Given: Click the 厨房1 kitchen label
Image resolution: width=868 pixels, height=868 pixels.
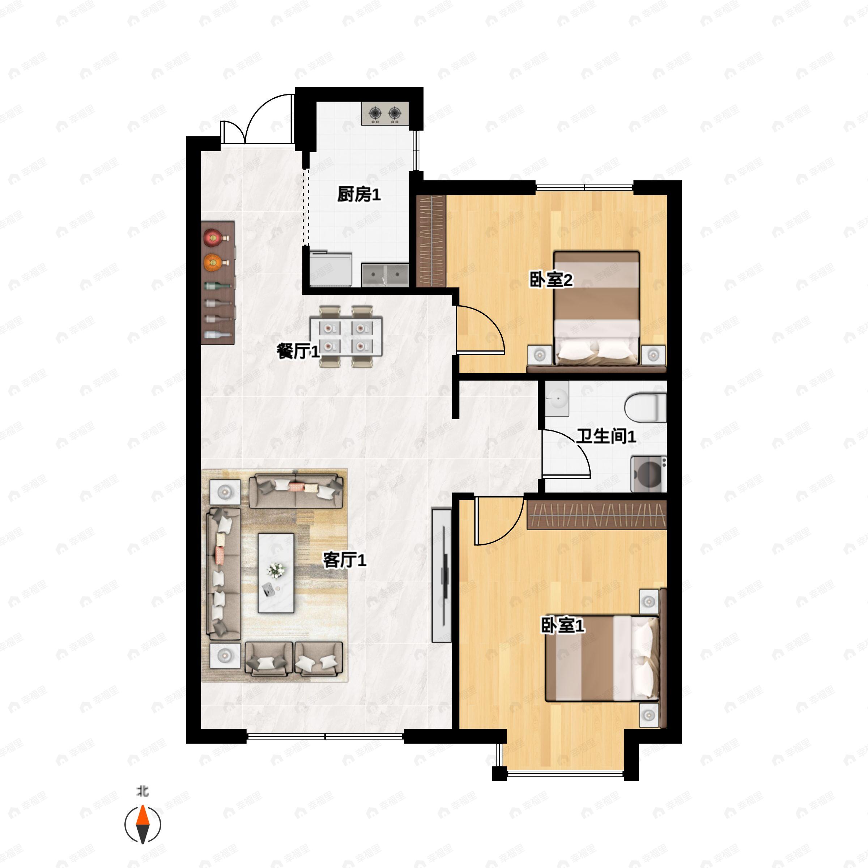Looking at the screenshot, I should [x=358, y=195].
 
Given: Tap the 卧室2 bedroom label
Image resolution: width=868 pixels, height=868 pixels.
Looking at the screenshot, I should [x=551, y=280].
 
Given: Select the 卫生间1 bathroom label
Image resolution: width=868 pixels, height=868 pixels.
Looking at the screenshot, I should [x=606, y=436].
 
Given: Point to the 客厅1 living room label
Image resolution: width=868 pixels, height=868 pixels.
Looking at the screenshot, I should [x=345, y=560].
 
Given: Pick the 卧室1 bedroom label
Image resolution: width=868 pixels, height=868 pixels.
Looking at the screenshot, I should [x=562, y=625].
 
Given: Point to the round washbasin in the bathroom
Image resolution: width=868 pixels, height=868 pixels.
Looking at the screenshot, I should [x=557, y=398].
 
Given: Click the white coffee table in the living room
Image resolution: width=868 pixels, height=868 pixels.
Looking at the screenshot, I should [x=276, y=573].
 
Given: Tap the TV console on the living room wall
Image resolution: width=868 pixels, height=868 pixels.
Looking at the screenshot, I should [x=441, y=575].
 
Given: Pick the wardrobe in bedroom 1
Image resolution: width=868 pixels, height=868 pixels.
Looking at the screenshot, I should [x=596, y=514].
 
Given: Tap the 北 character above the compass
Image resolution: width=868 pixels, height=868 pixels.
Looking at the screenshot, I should [x=142, y=791].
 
